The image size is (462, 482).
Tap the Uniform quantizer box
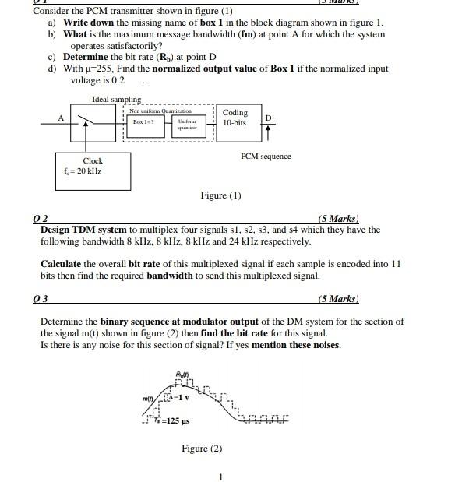(186, 125)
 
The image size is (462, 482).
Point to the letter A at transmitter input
(60, 118)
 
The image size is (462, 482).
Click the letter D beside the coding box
(268, 118)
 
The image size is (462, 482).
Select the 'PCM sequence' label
(266, 157)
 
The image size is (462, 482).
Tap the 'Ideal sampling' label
(116, 100)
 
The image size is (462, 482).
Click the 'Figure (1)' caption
(220, 195)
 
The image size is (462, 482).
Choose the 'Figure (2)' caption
(202, 449)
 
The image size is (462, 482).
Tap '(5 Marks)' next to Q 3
(340, 298)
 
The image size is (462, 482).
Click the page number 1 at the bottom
(221, 477)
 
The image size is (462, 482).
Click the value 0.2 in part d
(117, 80)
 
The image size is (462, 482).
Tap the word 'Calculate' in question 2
(62, 264)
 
